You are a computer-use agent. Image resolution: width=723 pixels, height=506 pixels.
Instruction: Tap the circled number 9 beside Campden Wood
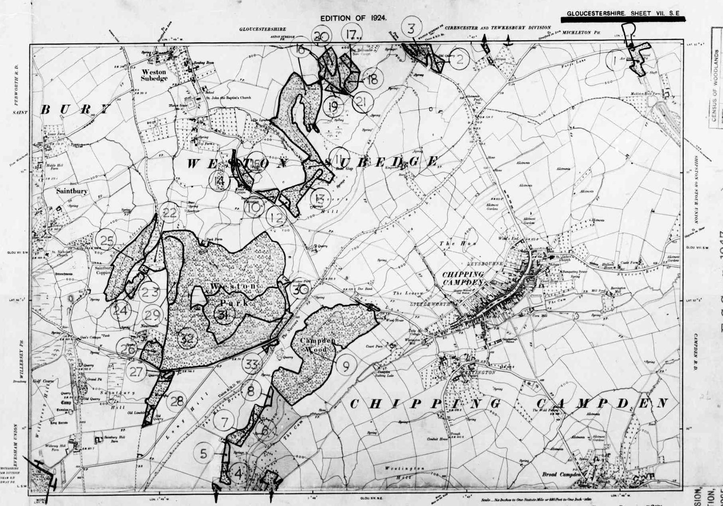pyautogui.click(x=346, y=365)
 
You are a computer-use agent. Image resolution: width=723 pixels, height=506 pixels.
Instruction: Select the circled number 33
pyautogui.click(x=252, y=364)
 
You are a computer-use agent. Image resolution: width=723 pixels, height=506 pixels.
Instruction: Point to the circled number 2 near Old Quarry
pyautogui.click(x=460, y=59)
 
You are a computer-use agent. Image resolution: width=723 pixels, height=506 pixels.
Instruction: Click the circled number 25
pyautogui.click(x=107, y=240)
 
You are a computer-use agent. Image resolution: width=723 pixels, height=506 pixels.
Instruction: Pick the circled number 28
pyautogui.click(x=177, y=401)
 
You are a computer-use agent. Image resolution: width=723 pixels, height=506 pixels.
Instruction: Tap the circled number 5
pyautogui.click(x=204, y=453)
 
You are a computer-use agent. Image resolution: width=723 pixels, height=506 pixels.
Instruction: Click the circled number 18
pyautogui.click(x=372, y=79)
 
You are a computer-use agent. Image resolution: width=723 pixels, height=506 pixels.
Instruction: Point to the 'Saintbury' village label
pyautogui.click(x=71, y=191)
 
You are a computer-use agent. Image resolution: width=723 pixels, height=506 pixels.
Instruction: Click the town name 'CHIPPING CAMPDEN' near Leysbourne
pyautogui.click(x=463, y=278)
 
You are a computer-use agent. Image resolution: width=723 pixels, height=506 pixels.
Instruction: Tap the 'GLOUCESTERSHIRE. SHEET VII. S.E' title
pyautogui.click(x=622, y=13)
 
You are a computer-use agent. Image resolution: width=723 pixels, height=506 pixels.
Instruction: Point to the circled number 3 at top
pyautogui.click(x=411, y=28)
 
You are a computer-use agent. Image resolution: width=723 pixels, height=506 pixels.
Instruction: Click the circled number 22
pyautogui.click(x=169, y=213)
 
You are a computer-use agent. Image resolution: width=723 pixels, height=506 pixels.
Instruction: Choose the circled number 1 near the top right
pyautogui.click(x=615, y=61)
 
